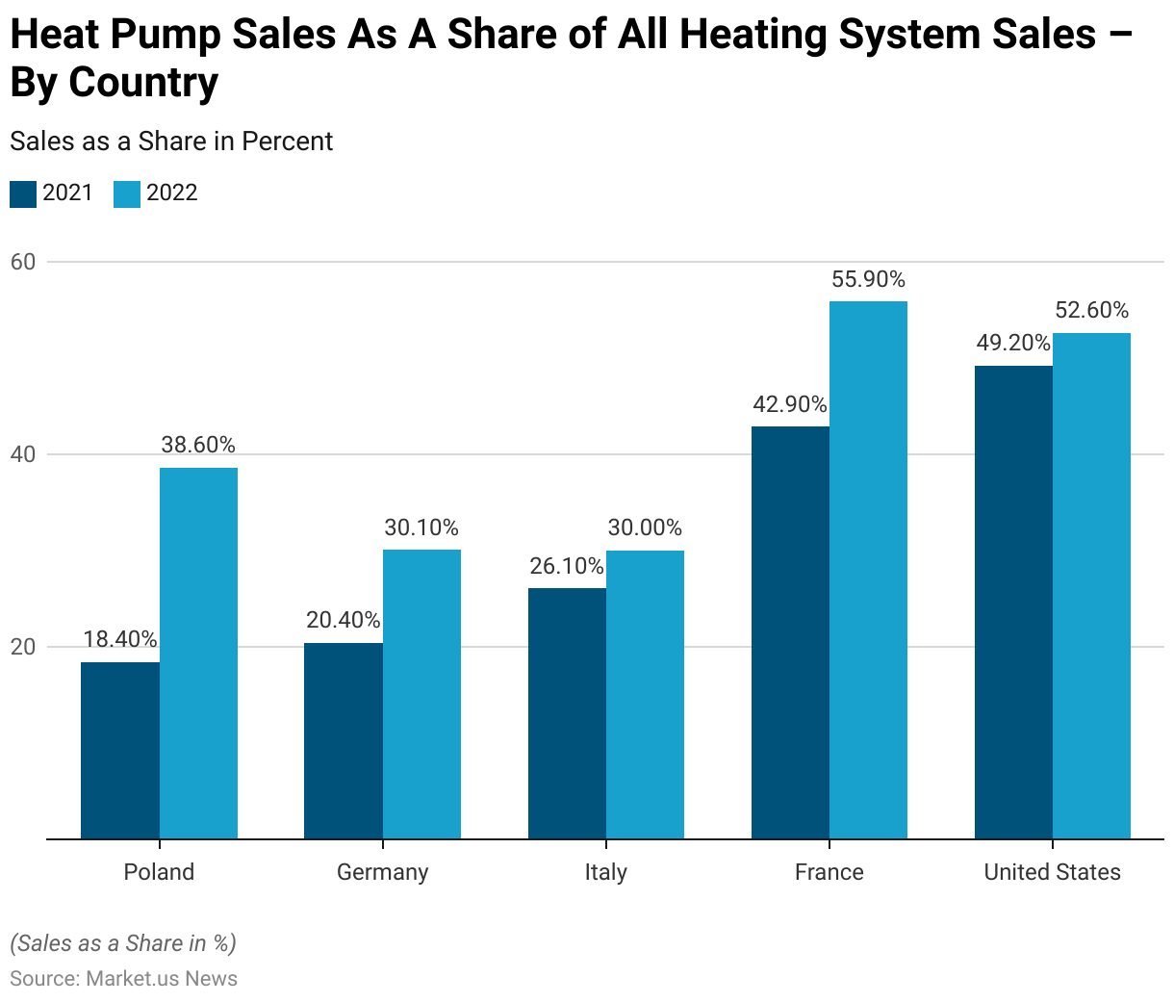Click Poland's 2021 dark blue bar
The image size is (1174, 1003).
point(120,750)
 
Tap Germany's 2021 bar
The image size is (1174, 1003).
point(344,740)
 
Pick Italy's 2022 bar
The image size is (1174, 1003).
point(645,694)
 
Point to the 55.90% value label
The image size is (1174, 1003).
point(868,279)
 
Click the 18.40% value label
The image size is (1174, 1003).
point(120,639)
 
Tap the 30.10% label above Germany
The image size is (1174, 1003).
point(421,527)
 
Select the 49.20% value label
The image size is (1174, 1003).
point(1013,344)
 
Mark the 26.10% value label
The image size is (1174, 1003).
point(567,566)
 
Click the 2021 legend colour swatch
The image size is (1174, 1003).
point(23,193)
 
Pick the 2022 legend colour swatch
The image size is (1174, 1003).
point(127,193)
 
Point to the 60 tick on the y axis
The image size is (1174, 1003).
point(23,262)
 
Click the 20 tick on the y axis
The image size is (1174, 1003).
point(23,647)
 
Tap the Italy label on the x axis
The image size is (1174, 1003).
point(606,872)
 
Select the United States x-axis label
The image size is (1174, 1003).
point(1052,872)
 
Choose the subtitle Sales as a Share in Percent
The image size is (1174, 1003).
point(171,141)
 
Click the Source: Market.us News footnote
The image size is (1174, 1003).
point(123,979)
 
